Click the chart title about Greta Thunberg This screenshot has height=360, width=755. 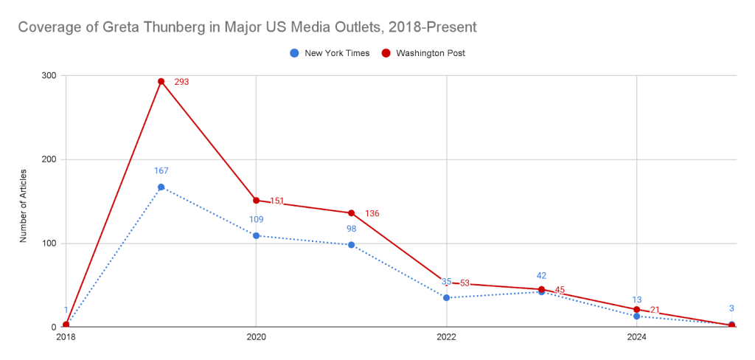click(x=246, y=27)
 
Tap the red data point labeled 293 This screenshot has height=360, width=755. click(x=161, y=81)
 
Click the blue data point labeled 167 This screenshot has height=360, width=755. click(x=161, y=187)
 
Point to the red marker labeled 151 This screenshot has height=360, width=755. click(x=256, y=200)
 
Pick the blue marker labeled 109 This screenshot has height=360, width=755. click(x=256, y=235)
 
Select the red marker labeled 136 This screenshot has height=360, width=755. click(x=352, y=213)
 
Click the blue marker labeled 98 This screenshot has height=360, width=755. click(x=352, y=245)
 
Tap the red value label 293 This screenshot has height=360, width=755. click(x=181, y=82)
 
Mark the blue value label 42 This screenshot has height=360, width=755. click(x=541, y=276)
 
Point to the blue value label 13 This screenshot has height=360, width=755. click(x=636, y=300)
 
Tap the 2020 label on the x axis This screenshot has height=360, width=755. click(x=256, y=337)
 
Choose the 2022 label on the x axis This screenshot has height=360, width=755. click(x=446, y=337)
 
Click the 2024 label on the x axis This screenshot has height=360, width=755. click(x=636, y=337)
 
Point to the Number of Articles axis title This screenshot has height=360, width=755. click(x=23, y=201)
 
